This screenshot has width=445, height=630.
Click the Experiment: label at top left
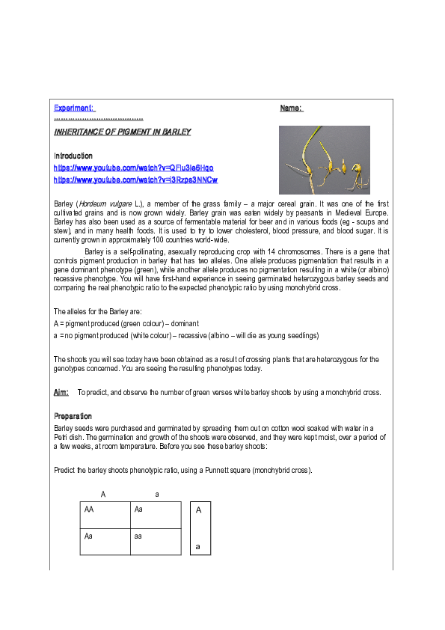tap(74, 108)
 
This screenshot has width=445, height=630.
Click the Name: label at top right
tap(291, 108)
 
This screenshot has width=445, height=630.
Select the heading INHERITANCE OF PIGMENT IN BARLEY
tap(122, 132)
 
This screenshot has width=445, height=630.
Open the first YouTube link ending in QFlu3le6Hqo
tap(134, 168)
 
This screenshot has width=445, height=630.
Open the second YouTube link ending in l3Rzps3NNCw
tap(135, 180)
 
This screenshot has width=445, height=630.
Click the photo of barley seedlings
tap(324, 159)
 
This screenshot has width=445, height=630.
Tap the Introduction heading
tap(73, 156)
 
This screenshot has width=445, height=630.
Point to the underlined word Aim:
tap(61, 392)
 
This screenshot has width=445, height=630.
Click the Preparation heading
tap(73, 416)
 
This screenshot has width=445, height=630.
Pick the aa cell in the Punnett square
tap(138, 536)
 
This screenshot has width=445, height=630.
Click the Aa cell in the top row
tap(138, 510)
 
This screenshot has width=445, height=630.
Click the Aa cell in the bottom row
tap(89, 536)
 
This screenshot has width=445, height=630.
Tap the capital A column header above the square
tap(103, 495)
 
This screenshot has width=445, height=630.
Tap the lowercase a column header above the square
tap(156, 495)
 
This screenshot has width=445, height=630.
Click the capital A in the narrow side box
tap(198, 510)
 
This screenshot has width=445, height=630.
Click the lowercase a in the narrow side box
tap(198, 546)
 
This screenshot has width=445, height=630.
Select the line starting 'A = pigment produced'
tap(116, 322)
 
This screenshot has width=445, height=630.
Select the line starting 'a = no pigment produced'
tap(186, 335)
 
